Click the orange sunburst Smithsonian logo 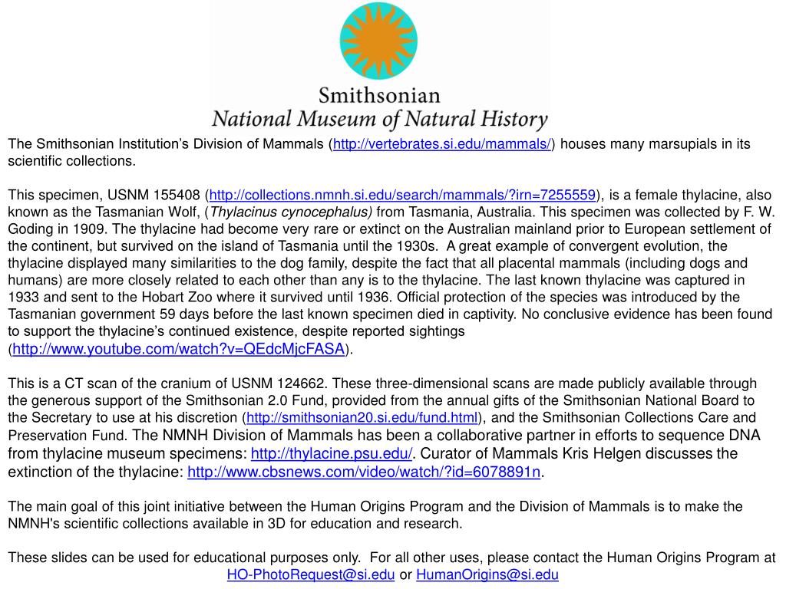(378, 41)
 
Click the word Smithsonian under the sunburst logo (379, 97)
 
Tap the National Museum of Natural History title (379, 120)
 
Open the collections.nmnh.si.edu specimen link (403, 195)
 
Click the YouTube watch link (178, 349)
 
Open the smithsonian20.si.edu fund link (362, 417)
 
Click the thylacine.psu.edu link (332, 453)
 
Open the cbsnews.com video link (364, 472)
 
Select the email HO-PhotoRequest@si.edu (311, 574)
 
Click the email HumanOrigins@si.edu (487, 574)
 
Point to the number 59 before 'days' (167, 314)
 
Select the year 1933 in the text (21, 297)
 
